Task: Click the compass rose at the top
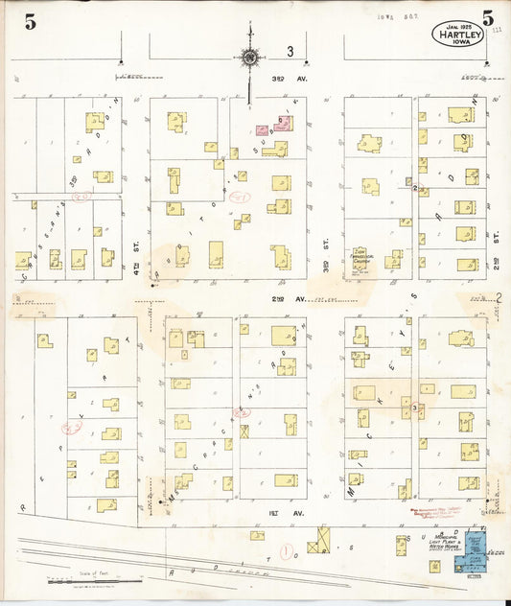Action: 249,58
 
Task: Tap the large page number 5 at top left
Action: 30,23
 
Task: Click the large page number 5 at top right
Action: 489,18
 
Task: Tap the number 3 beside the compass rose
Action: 289,52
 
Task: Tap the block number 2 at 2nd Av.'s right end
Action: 499,299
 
